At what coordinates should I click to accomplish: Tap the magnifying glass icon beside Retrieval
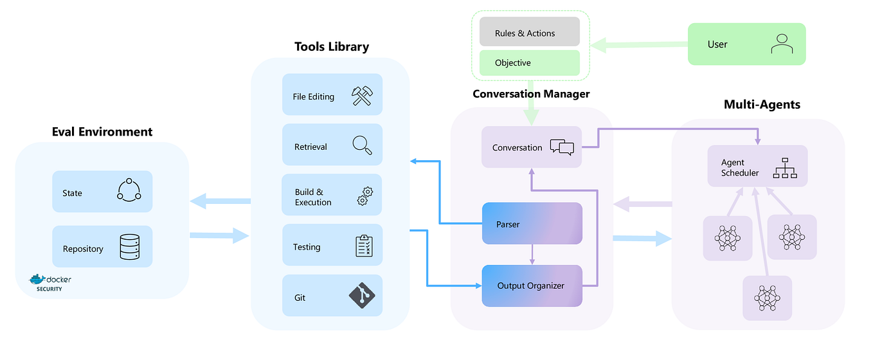click(362, 146)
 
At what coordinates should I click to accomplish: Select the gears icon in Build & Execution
click(364, 195)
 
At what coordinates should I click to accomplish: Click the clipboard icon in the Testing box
click(364, 246)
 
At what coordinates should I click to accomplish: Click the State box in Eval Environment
click(102, 192)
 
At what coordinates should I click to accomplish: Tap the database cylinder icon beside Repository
click(130, 248)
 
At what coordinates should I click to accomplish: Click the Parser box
click(532, 224)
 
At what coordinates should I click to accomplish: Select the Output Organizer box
click(532, 285)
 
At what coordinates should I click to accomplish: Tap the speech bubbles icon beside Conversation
click(561, 147)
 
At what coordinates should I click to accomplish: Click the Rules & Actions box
click(529, 33)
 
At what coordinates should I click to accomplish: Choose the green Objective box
click(529, 63)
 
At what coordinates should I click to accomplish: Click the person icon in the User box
click(781, 44)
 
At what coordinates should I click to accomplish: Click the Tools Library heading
click(332, 46)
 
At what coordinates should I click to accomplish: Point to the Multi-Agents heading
click(762, 104)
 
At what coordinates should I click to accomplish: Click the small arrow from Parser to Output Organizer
click(532, 255)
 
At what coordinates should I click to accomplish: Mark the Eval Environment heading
click(102, 132)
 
